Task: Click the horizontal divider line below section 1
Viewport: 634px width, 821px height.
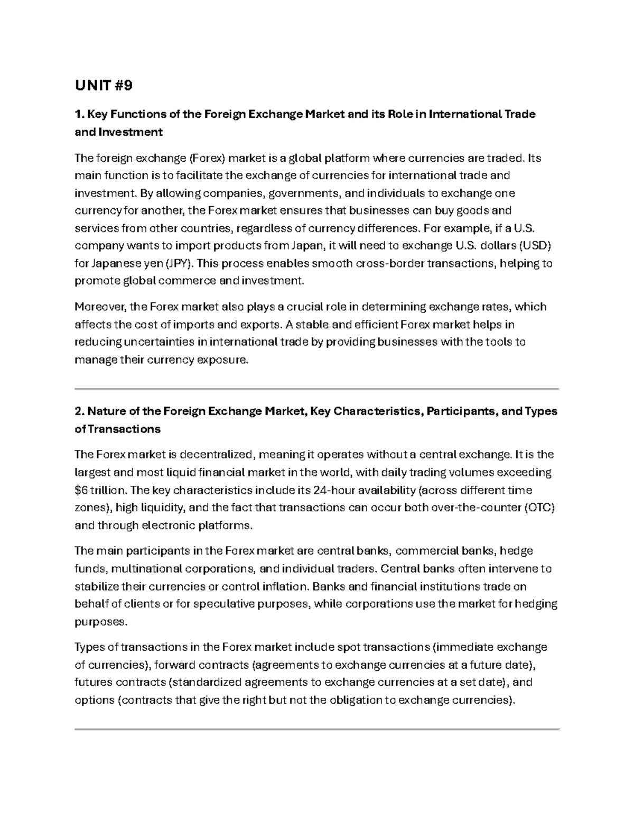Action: click(317, 389)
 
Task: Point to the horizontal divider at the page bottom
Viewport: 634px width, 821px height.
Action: click(317, 729)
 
